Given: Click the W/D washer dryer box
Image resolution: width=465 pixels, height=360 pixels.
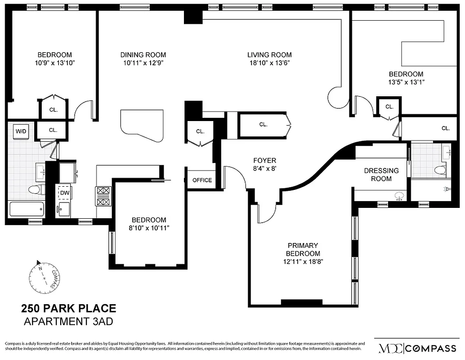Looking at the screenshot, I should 21,131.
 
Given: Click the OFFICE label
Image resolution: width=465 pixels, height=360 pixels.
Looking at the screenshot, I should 202,180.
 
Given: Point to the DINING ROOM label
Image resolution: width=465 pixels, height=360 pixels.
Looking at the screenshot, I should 143,55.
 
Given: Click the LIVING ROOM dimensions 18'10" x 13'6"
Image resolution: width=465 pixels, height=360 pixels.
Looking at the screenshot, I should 269,63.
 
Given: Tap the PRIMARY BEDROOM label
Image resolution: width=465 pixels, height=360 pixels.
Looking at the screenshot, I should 303,249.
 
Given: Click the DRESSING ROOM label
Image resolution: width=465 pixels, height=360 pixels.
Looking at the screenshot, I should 381,175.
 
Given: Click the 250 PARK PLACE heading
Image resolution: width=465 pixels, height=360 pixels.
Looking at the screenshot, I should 69,309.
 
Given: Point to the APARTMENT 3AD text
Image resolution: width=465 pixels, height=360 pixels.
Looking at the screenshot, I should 68,322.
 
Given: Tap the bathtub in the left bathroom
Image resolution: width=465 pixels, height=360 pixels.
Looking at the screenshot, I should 27,209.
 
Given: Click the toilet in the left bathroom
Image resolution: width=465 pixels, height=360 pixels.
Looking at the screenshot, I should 36,189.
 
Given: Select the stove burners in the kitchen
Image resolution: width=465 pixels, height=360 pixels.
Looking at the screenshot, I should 103,196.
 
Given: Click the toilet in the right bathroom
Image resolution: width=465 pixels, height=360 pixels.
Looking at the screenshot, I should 439,170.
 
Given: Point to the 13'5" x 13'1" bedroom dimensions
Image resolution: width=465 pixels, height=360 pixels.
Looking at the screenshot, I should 406,82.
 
